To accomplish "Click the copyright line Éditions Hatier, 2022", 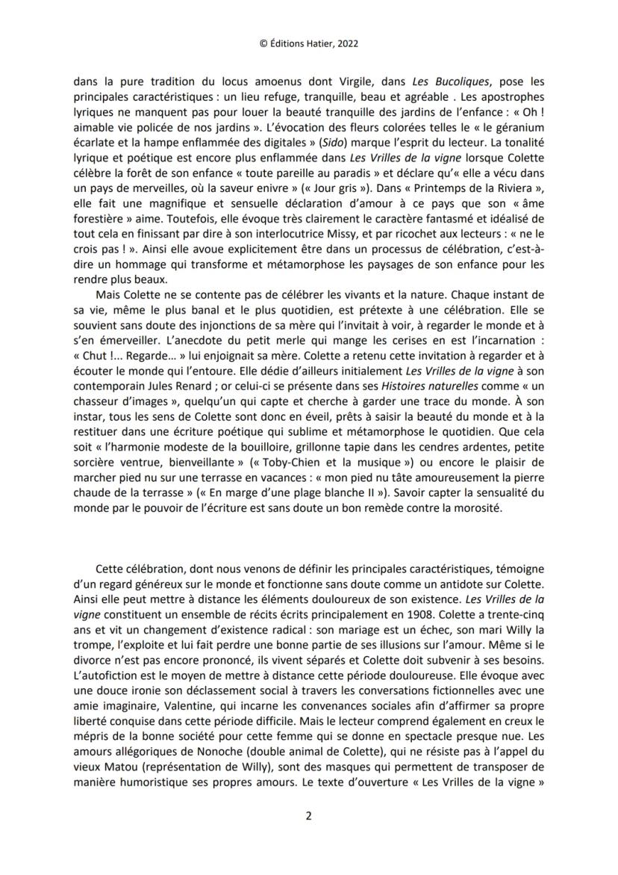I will tap(309, 43).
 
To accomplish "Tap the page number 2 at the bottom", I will tap(308, 816).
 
